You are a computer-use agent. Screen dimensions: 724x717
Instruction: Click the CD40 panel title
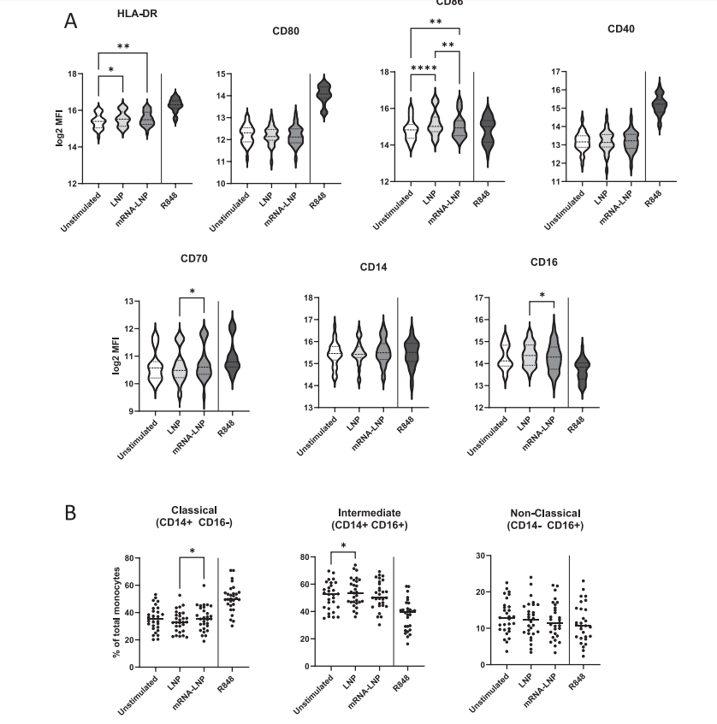(620, 28)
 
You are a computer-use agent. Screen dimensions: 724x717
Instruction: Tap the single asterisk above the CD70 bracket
(193, 291)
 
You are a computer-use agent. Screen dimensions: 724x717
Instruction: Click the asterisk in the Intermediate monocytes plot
(343, 546)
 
